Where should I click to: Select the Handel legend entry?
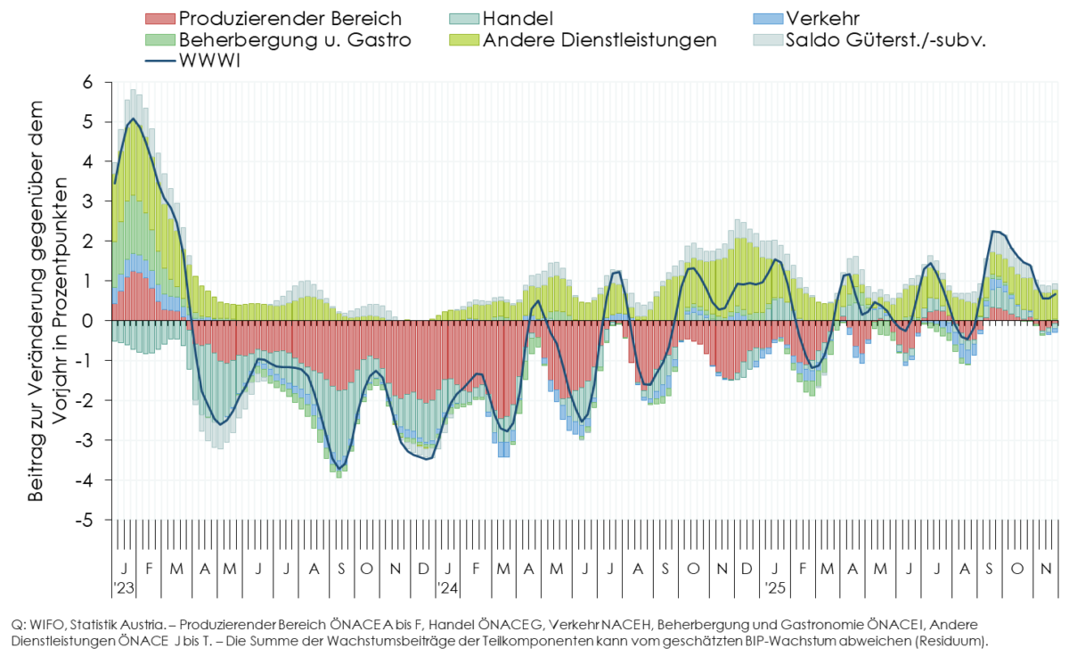tap(518, 18)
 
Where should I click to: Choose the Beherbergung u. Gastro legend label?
tap(295, 40)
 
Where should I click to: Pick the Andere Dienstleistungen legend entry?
tap(599, 40)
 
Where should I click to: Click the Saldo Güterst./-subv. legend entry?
tap(884, 40)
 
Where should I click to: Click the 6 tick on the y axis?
tap(87, 82)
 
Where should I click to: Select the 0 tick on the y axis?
tap(87, 321)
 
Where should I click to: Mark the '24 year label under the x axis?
tap(447, 588)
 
